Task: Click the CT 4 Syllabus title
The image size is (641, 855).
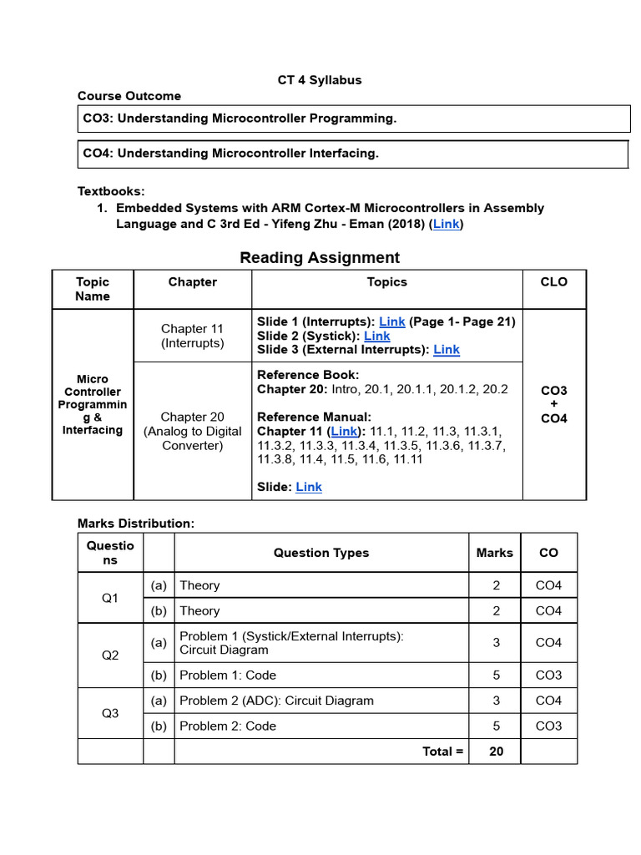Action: click(x=320, y=80)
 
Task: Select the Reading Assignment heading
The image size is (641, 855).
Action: click(x=320, y=258)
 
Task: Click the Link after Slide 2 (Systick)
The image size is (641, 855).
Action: click(x=377, y=336)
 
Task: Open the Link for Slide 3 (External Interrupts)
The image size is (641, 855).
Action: click(x=447, y=350)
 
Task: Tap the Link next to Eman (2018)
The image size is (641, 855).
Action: click(x=447, y=225)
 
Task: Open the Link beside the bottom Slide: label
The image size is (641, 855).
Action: click(x=309, y=487)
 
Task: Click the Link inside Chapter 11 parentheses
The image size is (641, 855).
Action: click(x=344, y=432)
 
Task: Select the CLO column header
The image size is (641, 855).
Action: click(x=554, y=282)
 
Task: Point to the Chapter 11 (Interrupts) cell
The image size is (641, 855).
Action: click(x=193, y=336)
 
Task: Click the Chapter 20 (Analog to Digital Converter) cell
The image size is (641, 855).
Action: click(x=193, y=431)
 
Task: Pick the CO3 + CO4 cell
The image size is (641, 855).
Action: click(x=554, y=404)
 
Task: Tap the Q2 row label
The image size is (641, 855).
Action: click(x=110, y=655)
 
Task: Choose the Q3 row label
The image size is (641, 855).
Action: click(x=110, y=713)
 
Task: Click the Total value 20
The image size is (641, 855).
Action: click(x=497, y=751)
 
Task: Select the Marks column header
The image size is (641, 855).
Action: click(x=496, y=553)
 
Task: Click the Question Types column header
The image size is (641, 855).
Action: click(x=321, y=553)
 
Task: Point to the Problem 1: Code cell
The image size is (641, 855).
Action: click(x=228, y=675)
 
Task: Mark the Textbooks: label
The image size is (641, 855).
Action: click(x=111, y=191)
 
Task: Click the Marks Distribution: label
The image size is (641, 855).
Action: click(x=136, y=524)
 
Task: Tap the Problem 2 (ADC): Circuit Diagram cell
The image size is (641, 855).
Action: click(x=276, y=701)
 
